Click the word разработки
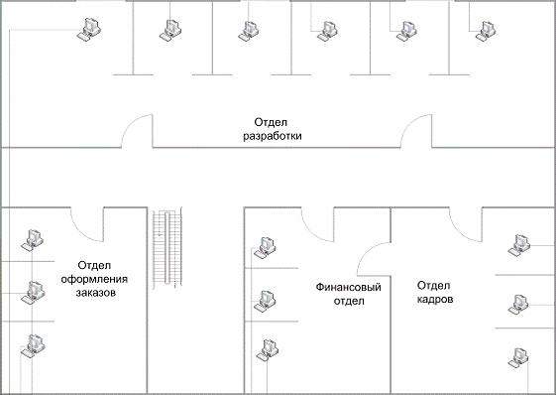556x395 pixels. pyautogui.click(x=273, y=136)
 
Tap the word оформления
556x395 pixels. pyautogui.click(x=94, y=279)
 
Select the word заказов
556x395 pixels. pyautogui.click(x=96, y=293)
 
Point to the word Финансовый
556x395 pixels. pyautogui.click(x=349, y=287)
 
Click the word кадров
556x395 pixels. pyautogui.click(x=435, y=300)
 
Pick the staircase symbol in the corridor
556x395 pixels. pyautogui.click(x=167, y=247)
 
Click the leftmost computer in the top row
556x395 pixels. pyautogui.click(x=89, y=29)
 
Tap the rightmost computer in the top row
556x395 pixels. pyautogui.click(x=485, y=31)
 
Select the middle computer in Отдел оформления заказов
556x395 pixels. pyautogui.click(x=33, y=293)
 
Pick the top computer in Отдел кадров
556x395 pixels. pyautogui.click(x=518, y=245)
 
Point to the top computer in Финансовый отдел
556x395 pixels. pyautogui.click(x=265, y=247)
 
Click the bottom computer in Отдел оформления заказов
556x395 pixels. pyautogui.click(x=33, y=345)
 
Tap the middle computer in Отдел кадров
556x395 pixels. pyautogui.click(x=518, y=305)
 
